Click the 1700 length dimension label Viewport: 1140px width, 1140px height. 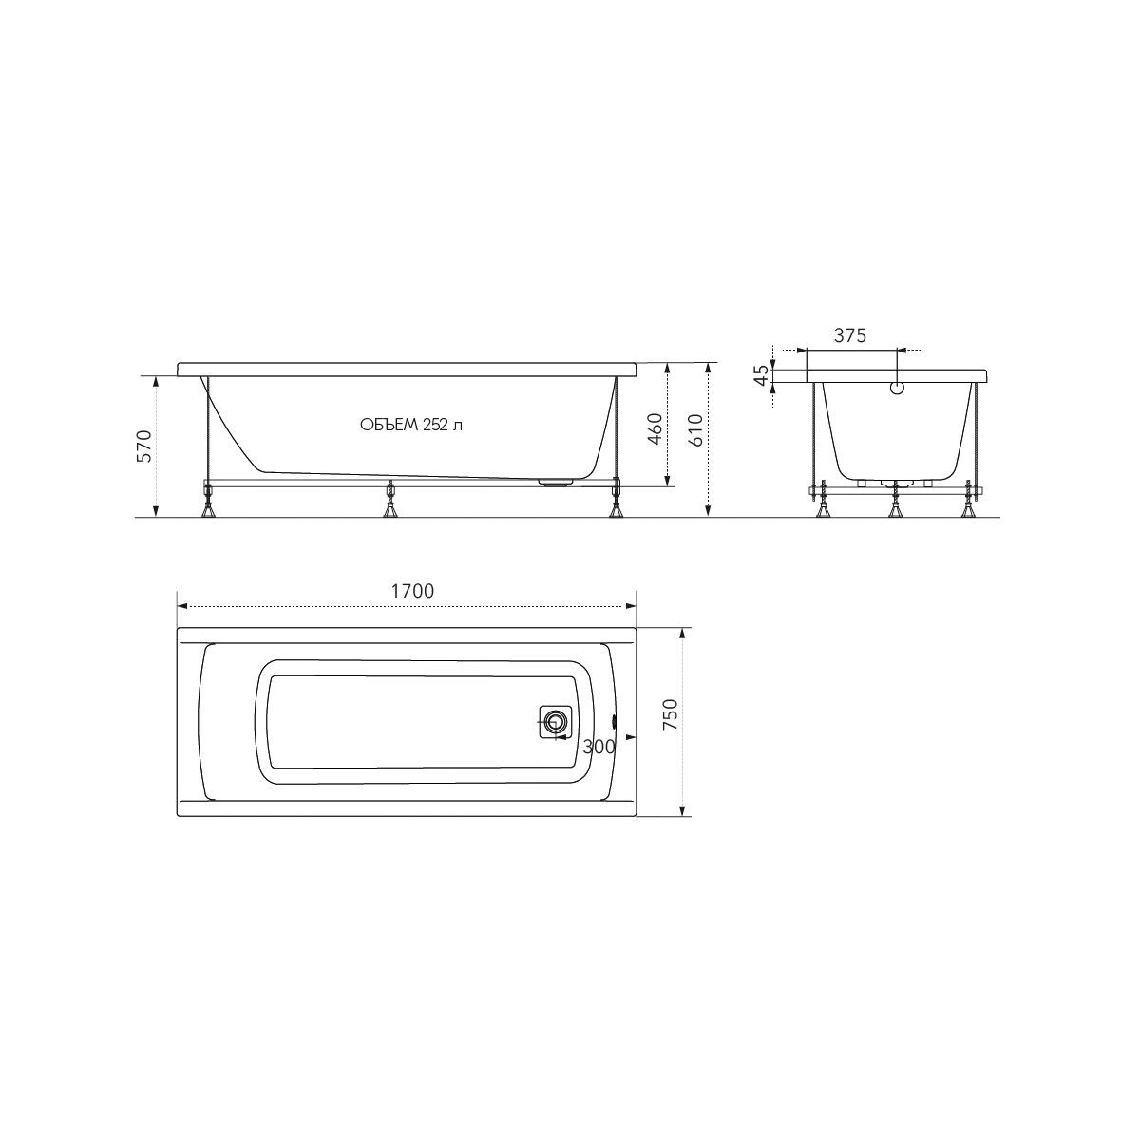tap(412, 591)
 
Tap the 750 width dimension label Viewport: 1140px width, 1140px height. tap(669, 713)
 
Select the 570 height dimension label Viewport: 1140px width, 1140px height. tap(145, 446)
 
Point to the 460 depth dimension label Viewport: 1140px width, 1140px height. tap(655, 428)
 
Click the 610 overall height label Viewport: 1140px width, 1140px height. tap(695, 430)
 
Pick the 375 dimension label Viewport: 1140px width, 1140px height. tap(850, 335)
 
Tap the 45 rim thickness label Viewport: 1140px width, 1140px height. tap(762, 374)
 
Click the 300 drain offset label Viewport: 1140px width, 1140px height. tap(598, 748)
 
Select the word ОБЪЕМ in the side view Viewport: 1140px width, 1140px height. tap(389, 425)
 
